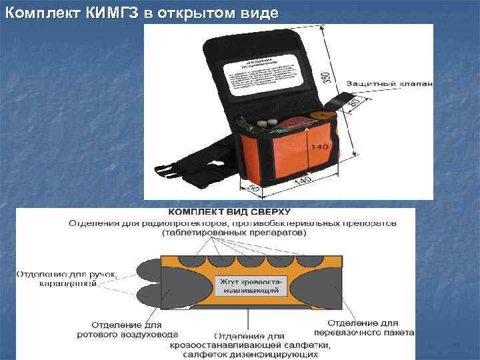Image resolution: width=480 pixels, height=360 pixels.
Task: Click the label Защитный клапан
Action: (x=389, y=84)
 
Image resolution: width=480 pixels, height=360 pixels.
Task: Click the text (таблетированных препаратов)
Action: (x=233, y=233)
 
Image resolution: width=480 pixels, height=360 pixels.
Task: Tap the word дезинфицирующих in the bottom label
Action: (x=285, y=354)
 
